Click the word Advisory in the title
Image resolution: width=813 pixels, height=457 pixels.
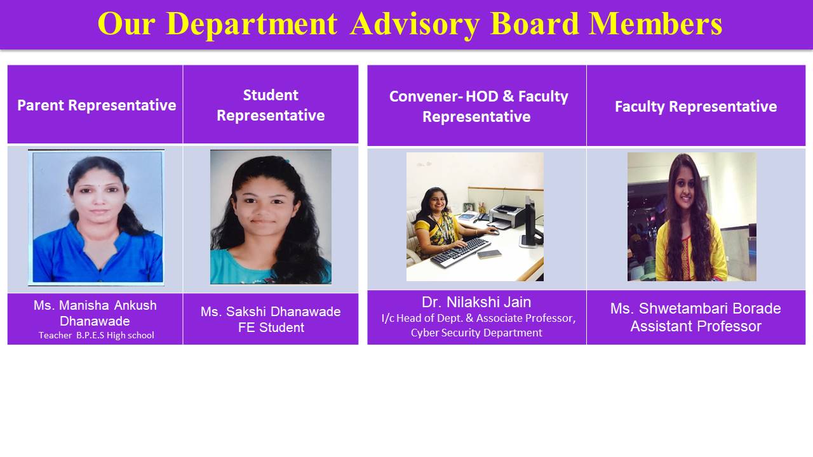pos(415,24)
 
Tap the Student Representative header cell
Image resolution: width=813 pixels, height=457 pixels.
pos(271,105)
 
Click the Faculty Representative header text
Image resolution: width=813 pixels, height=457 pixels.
pos(695,106)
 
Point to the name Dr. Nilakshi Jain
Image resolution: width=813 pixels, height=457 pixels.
pos(476,302)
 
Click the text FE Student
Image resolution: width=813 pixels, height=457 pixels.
pos(271,328)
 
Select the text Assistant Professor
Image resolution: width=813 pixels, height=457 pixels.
pos(695,326)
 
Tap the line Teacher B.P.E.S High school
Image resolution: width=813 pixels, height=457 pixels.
pos(96,335)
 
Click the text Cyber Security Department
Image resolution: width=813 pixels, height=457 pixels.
pos(476,333)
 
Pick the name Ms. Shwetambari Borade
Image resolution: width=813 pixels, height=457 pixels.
pos(695,308)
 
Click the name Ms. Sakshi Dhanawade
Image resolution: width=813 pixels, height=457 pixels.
pos(271,312)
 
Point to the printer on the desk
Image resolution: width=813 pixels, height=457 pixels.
pos(507,216)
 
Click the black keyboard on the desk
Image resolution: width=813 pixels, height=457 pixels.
pos(460,253)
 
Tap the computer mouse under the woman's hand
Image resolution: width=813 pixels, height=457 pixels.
pos(494,232)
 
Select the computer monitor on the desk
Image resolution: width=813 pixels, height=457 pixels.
pos(530,222)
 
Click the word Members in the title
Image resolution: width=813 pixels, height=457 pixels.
pos(655,23)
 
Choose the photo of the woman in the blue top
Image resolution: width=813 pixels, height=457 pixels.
pos(96,218)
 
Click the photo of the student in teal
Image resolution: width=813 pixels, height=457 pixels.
pos(271,217)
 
